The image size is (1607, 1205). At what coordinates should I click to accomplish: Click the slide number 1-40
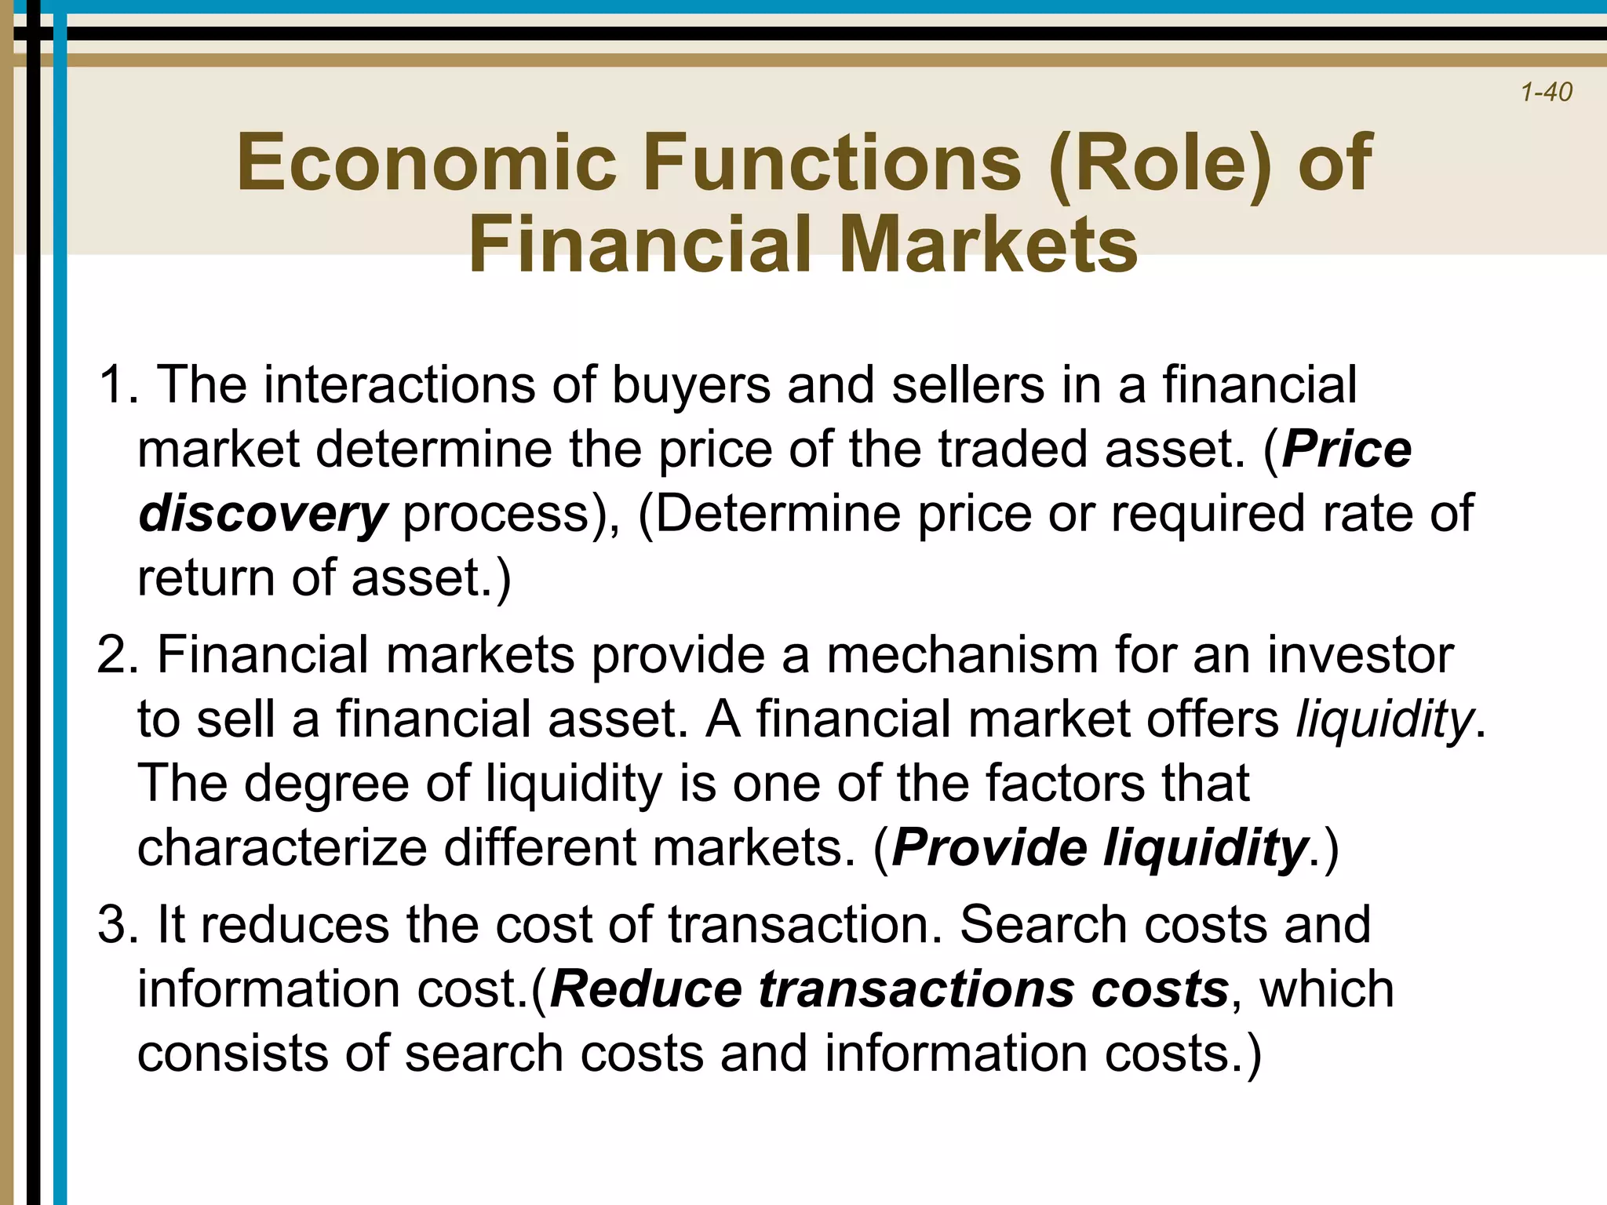pyautogui.click(x=1546, y=93)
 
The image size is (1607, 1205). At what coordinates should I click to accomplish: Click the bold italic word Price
pyautogui.click(x=1346, y=450)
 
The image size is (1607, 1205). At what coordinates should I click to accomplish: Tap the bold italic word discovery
pyautogui.click(x=262, y=514)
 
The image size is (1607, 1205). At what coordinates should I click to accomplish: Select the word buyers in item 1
pyautogui.click(x=691, y=385)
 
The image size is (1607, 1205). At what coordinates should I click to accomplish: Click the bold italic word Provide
pyautogui.click(x=989, y=848)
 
